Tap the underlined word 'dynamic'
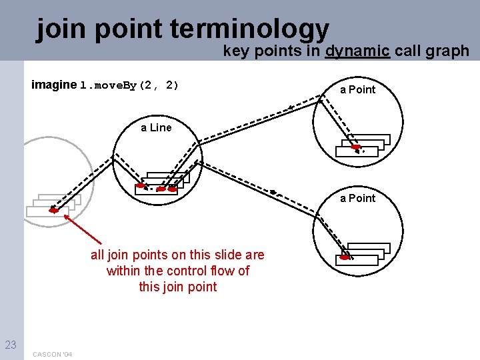coord(357,51)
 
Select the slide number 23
coord(11,345)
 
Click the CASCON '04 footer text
coord(53,354)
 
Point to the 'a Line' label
coord(156,127)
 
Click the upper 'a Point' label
coord(358,89)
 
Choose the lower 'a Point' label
coord(358,198)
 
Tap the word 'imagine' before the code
coord(54,85)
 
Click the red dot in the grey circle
coord(54,210)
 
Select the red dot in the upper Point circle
coord(357,147)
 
